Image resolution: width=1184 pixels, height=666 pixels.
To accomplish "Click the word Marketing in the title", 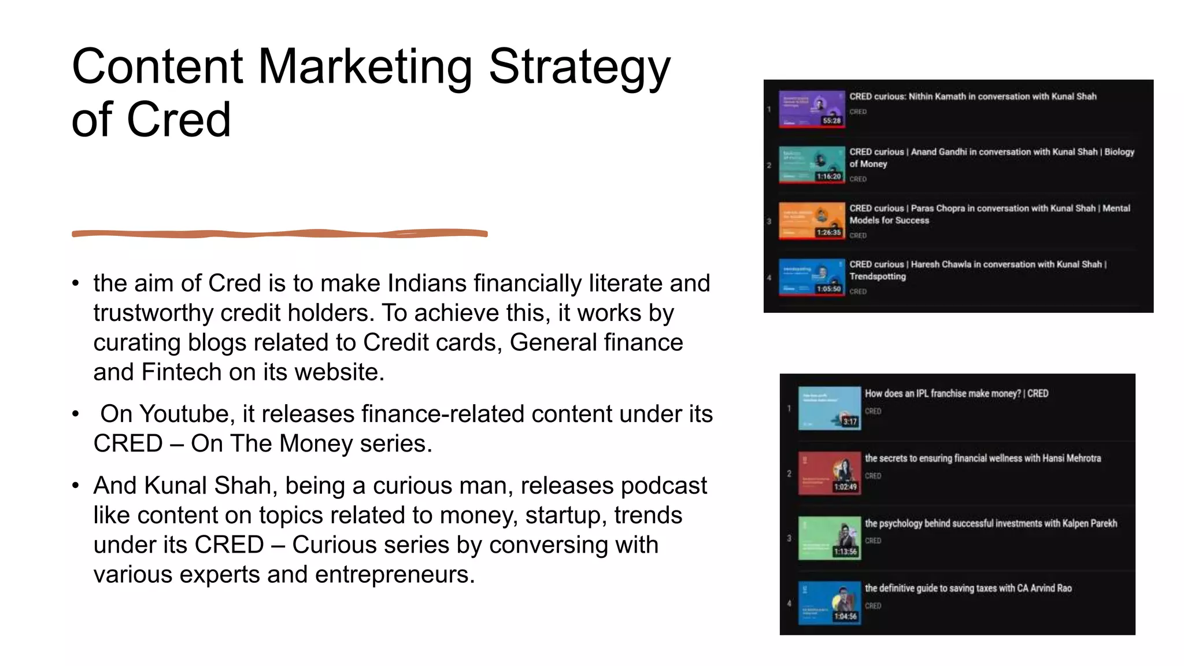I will [365, 66].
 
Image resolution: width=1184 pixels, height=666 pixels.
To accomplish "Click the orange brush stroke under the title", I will [279, 234].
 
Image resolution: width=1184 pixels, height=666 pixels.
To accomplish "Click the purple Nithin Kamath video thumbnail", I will [811, 109].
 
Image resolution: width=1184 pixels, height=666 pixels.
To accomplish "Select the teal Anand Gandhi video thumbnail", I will [811, 165].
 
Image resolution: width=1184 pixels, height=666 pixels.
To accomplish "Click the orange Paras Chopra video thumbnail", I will [811, 221].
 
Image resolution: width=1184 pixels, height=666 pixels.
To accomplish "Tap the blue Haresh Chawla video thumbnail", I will [811, 277].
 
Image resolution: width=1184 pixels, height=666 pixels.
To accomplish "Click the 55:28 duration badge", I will [832, 121].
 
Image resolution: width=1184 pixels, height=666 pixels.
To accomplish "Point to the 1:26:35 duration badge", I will [829, 232].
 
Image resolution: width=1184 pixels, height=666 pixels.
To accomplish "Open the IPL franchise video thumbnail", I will [829, 408].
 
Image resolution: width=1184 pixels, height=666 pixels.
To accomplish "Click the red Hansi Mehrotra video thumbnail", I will [829, 473].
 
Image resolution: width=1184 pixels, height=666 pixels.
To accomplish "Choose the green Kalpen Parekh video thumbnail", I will [829, 538].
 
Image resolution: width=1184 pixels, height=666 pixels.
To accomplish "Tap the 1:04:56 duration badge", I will [845, 616].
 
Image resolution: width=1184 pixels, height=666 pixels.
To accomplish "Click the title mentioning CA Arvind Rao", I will [968, 589].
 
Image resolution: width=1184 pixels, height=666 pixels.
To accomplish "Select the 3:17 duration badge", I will [849, 421].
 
